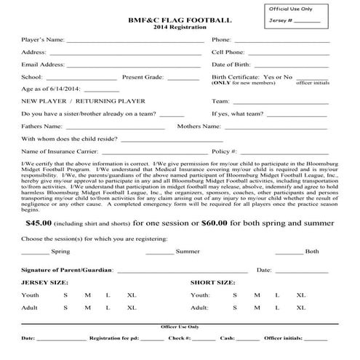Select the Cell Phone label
(228, 52)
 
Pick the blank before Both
(289, 251)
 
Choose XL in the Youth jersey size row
(132, 295)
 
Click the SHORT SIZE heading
(212, 281)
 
